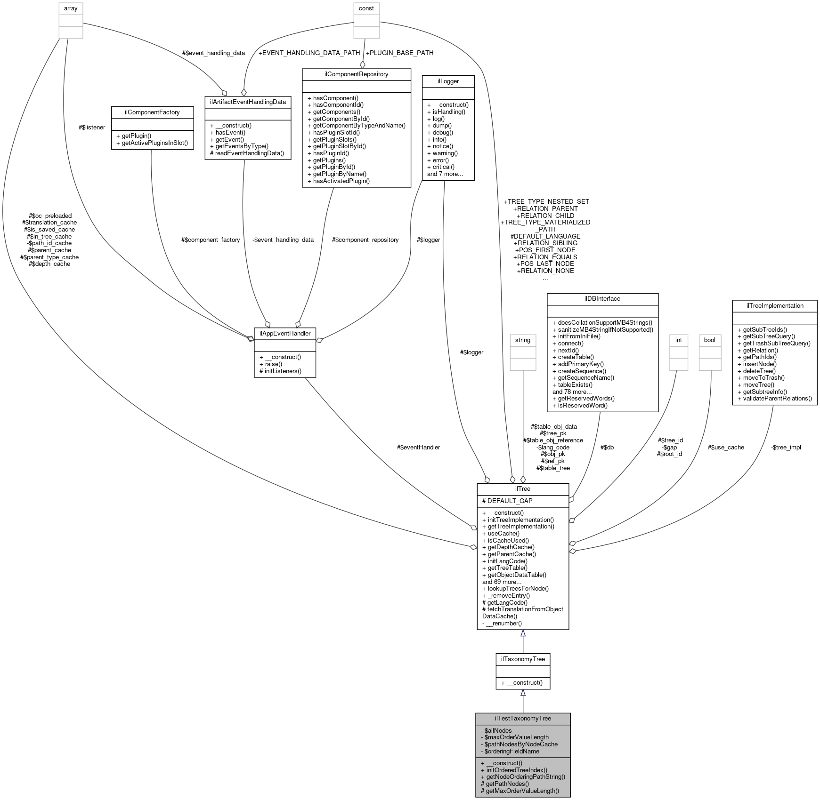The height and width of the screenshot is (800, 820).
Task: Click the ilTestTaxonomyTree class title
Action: click(523, 719)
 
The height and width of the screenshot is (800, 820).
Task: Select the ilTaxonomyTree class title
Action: click(523, 659)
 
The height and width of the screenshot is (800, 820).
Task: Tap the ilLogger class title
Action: click(448, 81)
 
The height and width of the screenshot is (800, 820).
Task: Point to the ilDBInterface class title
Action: click(602, 299)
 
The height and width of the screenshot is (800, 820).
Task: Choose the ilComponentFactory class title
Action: click(152, 112)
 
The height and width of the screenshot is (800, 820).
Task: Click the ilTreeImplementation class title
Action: click(774, 306)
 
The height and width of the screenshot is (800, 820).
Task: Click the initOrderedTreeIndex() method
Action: click(517, 770)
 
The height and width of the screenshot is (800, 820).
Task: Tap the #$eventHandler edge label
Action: click(418, 447)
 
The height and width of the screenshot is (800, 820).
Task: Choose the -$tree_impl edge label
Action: click(786, 447)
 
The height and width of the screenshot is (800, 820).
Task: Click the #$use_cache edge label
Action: click(726, 447)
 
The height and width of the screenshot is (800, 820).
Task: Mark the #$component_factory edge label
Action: click(211, 240)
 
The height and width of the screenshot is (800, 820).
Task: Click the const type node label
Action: click(366, 8)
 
